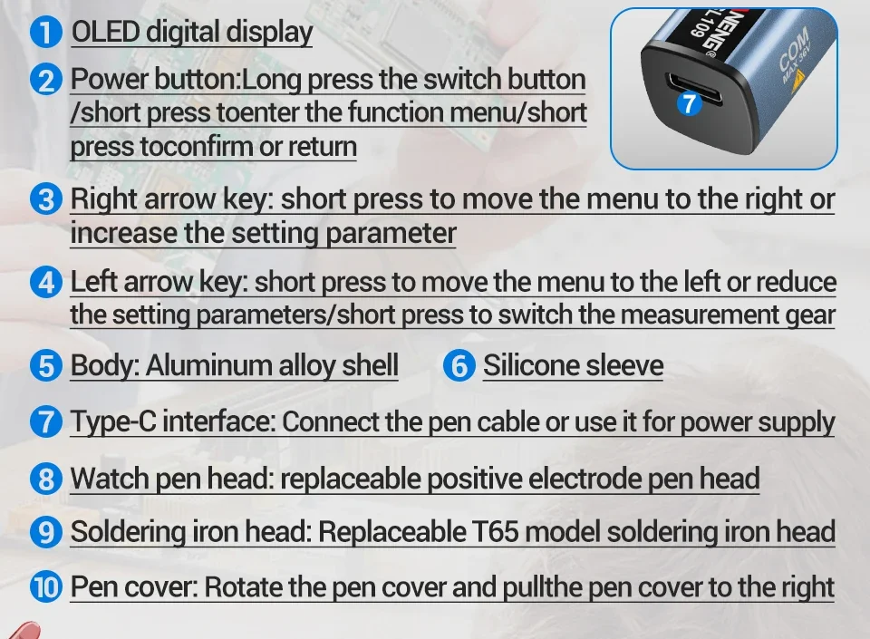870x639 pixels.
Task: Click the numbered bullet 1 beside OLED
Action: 46,32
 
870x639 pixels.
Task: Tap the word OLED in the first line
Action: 105,32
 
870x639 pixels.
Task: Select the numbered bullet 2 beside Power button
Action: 46,80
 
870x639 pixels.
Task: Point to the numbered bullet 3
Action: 46,199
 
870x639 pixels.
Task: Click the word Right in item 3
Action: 103,199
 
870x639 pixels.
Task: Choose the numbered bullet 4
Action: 46,282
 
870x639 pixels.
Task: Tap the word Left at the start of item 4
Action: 93,281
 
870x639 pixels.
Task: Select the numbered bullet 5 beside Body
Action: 46,366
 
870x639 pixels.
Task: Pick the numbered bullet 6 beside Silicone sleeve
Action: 459,366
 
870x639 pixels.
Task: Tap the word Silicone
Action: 531,365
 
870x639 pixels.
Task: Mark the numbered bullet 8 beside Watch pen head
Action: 46,479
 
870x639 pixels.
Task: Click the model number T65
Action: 495,531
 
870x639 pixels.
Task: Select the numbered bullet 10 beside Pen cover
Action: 46,587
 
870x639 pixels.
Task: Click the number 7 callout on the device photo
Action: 689,103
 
